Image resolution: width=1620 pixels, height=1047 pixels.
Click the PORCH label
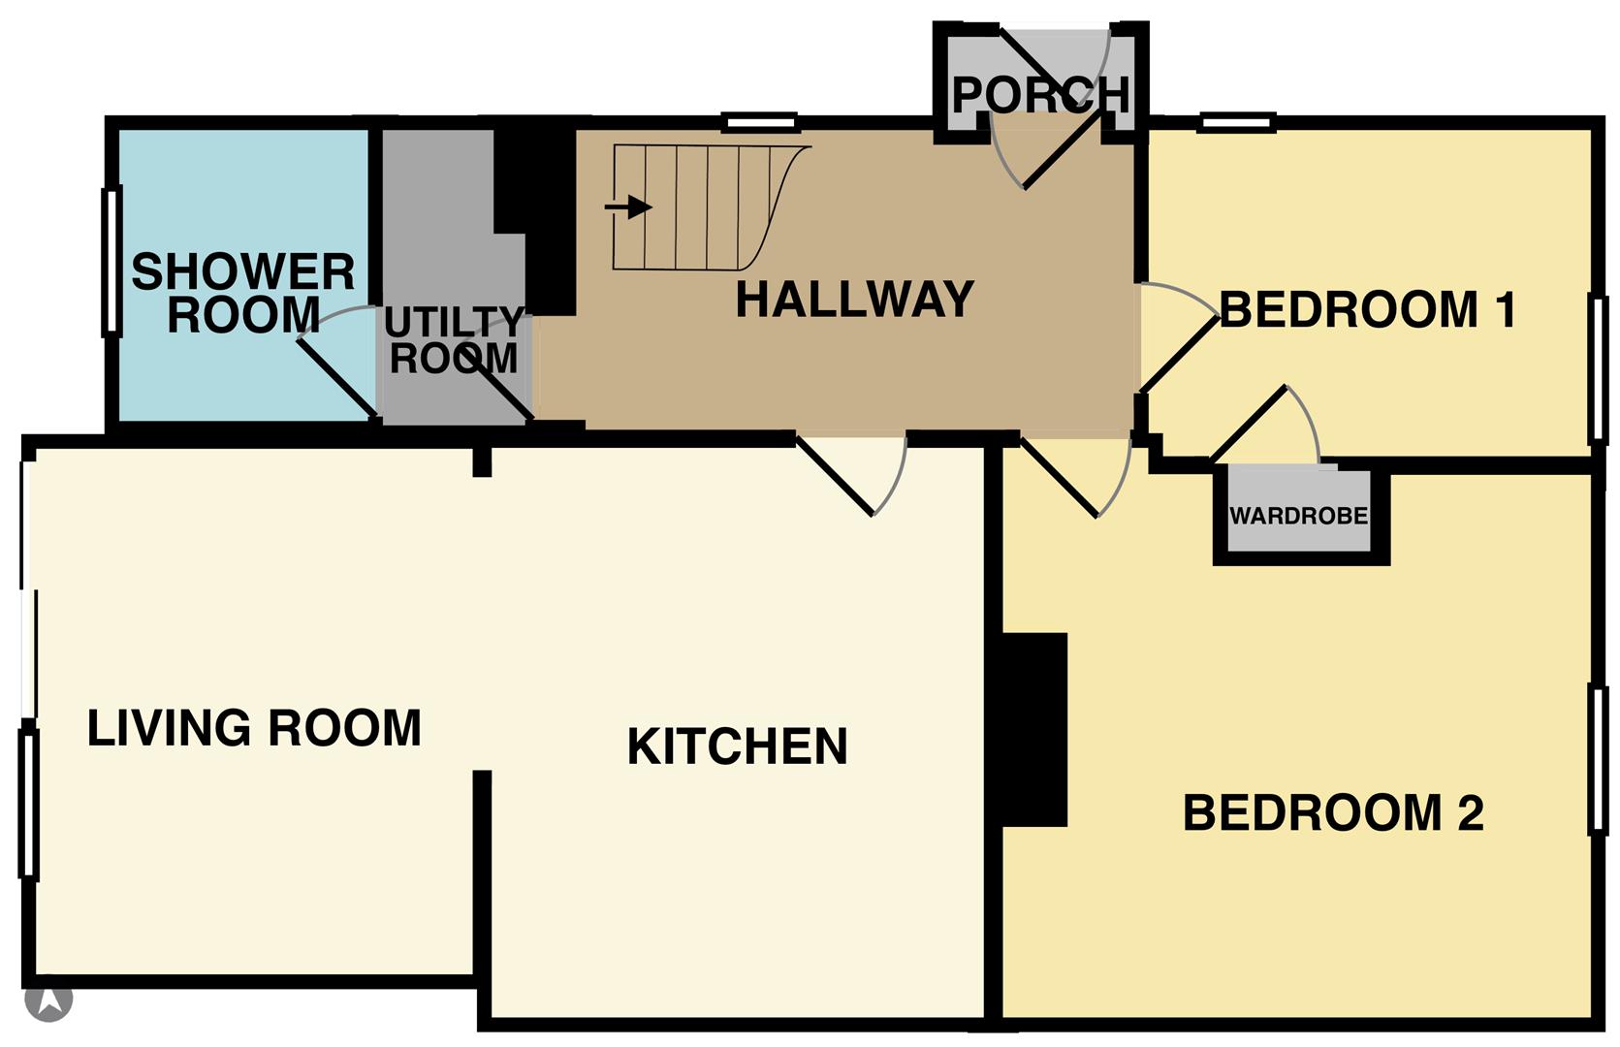1040,94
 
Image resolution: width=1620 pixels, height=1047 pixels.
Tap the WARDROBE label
1299,516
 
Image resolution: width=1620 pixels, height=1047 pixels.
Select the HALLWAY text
855,300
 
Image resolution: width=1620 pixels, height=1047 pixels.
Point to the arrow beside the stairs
628,207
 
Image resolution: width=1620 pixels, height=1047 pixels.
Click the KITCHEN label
737,746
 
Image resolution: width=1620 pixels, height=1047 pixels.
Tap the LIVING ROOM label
254,727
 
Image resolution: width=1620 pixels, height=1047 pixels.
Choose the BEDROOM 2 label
1334,812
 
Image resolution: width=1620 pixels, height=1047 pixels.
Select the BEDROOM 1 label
1368,309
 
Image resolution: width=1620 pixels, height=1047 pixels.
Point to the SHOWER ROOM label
243,293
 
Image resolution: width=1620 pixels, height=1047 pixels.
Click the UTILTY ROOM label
454,340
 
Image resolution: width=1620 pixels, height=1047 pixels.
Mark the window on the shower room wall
111,261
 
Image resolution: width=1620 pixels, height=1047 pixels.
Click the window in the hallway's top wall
762,123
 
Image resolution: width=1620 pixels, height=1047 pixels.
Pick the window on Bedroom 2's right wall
1598,759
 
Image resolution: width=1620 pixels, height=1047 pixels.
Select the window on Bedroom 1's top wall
1236,122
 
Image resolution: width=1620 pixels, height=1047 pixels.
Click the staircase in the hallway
713,207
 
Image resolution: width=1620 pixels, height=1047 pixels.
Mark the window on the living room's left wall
29,804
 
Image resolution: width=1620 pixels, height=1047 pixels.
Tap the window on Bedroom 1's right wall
1598,369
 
